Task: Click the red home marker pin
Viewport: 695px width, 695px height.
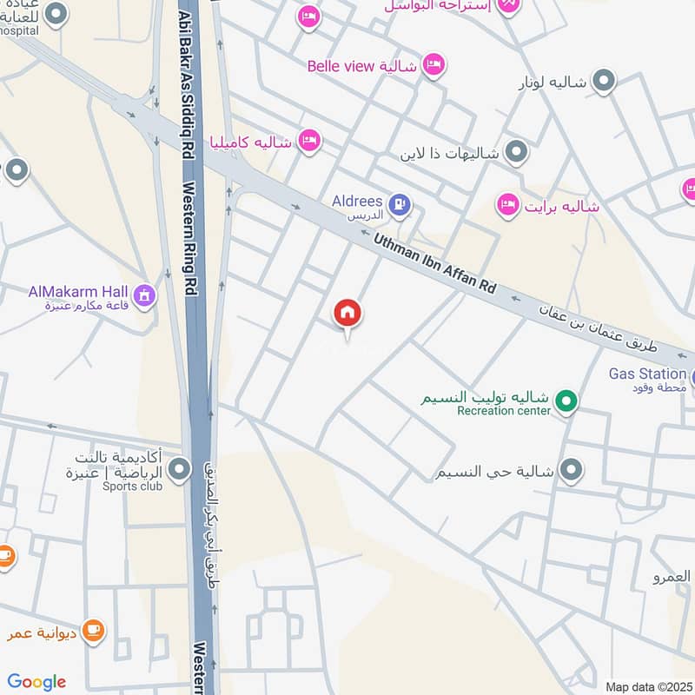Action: click(x=347, y=314)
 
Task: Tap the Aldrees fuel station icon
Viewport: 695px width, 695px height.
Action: click(x=399, y=205)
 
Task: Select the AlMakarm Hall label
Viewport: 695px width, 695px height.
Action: click(x=80, y=291)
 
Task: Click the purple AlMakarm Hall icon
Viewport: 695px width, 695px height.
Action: click(x=144, y=296)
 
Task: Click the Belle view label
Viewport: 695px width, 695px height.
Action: click(x=340, y=66)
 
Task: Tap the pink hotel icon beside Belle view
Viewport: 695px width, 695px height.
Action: click(x=433, y=63)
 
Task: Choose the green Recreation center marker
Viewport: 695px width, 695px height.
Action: click(x=566, y=402)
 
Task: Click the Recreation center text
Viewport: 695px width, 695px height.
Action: click(x=504, y=411)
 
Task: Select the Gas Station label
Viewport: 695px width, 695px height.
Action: click(x=646, y=374)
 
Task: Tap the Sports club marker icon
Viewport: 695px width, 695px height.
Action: click(x=179, y=470)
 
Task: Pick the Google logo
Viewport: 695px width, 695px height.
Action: click(x=36, y=682)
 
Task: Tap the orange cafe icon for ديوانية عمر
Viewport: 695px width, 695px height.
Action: click(x=93, y=630)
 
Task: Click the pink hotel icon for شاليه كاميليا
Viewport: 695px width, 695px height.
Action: click(x=308, y=139)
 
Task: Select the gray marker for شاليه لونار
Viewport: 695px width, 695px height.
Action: click(x=605, y=83)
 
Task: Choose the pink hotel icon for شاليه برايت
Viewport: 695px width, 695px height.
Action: click(x=507, y=205)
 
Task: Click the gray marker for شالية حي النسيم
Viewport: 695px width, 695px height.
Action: click(x=571, y=471)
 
